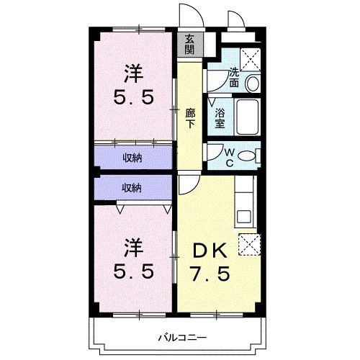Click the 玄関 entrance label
coord(189,45)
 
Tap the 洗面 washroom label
coord(235,78)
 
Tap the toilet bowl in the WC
coord(247,155)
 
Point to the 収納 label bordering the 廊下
coord(131,156)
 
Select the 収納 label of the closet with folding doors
coord(131,187)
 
